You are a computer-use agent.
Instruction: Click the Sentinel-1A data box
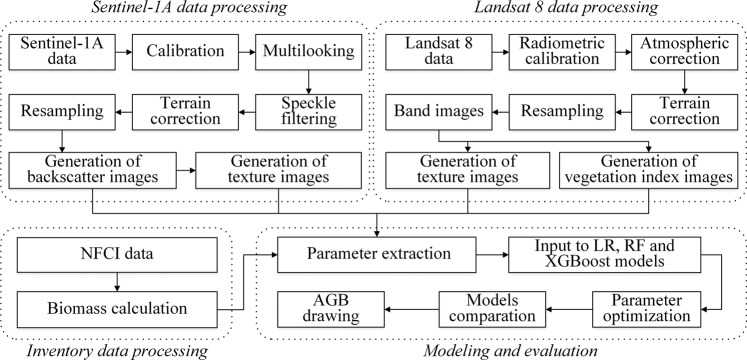[55, 49]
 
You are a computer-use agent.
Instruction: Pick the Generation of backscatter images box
[95, 171]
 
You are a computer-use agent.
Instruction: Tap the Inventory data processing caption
[111, 351]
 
